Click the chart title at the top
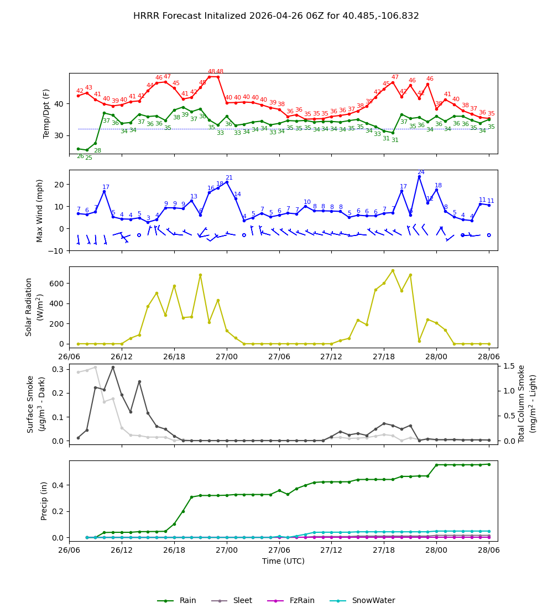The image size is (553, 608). [276, 16]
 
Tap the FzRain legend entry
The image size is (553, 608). [301, 601]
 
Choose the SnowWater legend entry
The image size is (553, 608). [373, 601]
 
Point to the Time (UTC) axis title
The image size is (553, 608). [283, 561]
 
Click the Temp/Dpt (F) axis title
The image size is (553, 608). [46, 113]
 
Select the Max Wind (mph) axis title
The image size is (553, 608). [40, 210]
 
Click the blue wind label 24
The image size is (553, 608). [421, 172]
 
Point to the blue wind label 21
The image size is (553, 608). [229, 178]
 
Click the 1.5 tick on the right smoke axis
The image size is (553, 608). [509, 366]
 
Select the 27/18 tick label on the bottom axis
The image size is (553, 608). [384, 550]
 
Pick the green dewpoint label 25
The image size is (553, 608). [88, 158]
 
